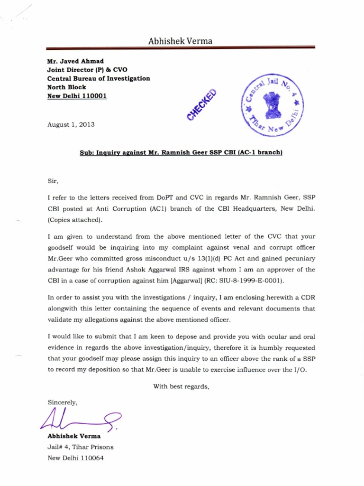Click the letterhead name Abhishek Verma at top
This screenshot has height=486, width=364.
pos(181,41)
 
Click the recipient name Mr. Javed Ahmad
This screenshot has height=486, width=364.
pos(75,61)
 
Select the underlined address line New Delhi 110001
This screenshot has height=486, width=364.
pos(77,96)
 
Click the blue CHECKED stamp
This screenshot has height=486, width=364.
pos(201,105)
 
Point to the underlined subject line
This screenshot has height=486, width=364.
pos(181,153)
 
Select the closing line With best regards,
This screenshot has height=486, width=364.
pos(181,386)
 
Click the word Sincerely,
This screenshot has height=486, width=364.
pos(63,402)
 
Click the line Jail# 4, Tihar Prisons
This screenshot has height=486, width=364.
pos(81,447)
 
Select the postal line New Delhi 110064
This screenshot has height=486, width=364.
pos(76,458)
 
